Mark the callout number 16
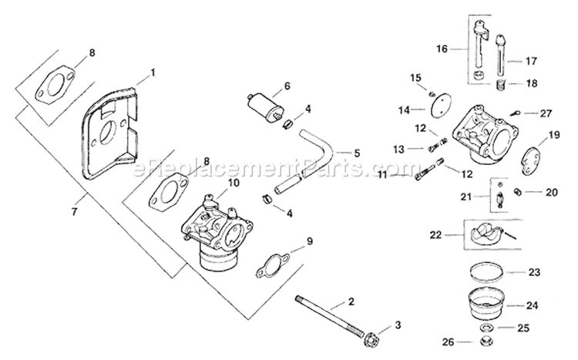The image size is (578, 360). (442, 48)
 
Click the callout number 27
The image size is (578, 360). (546, 113)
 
